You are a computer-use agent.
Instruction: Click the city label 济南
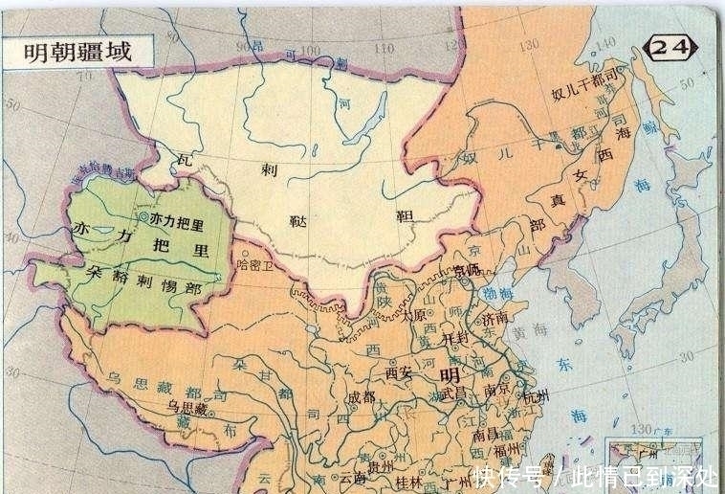[x=499, y=317]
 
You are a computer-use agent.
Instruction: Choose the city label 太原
[x=415, y=313]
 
